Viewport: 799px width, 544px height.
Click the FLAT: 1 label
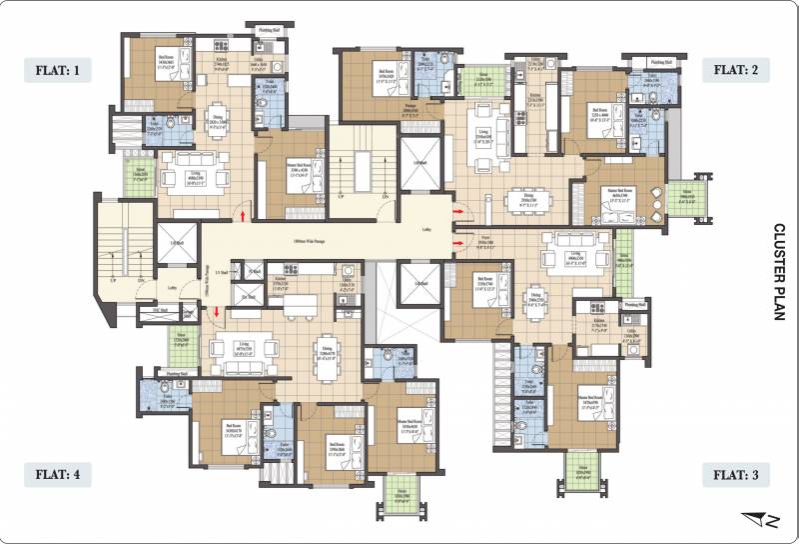pos(58,70)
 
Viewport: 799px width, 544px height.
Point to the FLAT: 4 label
pos(58,475)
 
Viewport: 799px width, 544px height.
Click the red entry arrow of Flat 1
pos(241,213)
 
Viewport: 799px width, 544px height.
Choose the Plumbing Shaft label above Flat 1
pos(264,32)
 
